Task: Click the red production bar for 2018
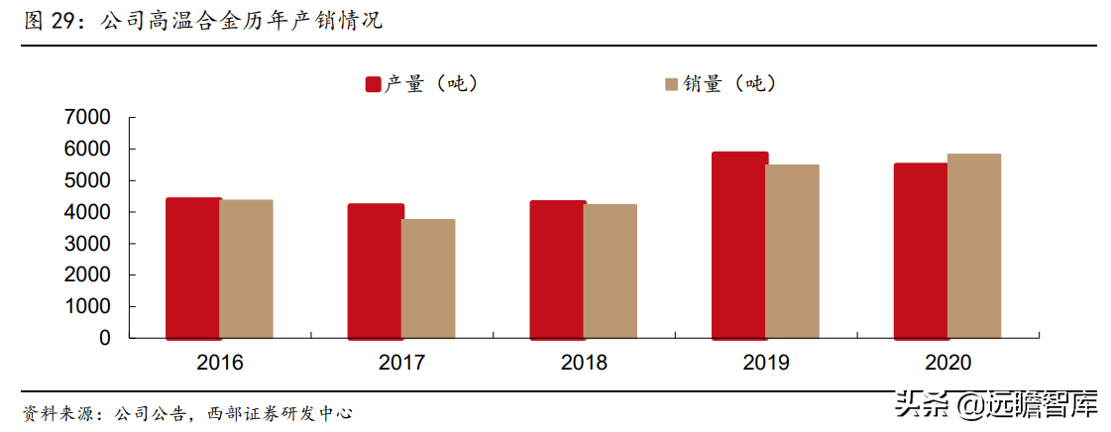pos(557,270)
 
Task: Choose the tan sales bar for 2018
pos(611,270)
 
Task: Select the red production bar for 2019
pos(739,245)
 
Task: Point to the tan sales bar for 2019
pos(792,251)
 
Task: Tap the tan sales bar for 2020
pos(974,246)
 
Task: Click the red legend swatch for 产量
pos(374,84)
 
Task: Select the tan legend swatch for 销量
pos(671,84)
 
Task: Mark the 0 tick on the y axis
pos(104,338)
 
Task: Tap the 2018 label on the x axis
pos(584,363)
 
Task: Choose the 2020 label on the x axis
pos(947,363)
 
